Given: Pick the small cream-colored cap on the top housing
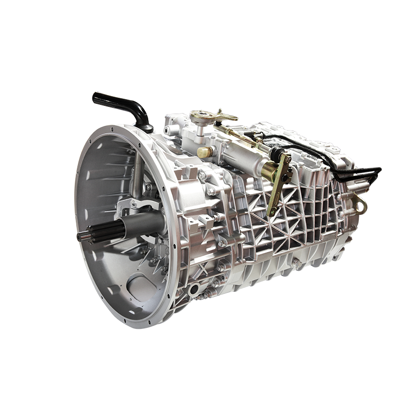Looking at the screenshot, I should (x=205, y=152).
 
